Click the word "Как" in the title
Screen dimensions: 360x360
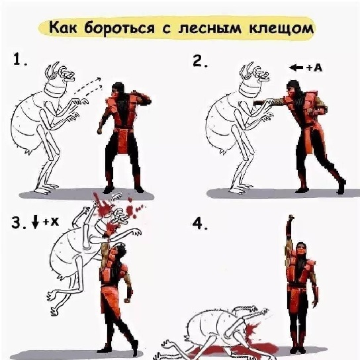point(64,30)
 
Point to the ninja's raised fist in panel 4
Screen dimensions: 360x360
point(291,220)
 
